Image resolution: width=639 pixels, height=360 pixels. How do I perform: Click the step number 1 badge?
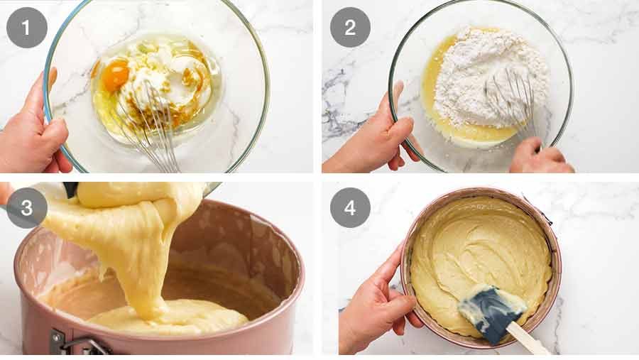(x=27, y=28)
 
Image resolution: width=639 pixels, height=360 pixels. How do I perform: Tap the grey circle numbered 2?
(x=349, y=28)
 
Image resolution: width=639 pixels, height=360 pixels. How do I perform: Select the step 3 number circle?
(x=27, y=207)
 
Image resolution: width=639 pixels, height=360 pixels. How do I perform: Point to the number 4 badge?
(x=349, y=207)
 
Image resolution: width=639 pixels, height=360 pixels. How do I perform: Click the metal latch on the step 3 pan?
(x=78, y=344)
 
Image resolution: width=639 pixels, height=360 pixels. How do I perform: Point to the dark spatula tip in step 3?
(x=70, y=190)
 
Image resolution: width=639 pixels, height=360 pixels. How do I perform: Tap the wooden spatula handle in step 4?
(x=529, y=341)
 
